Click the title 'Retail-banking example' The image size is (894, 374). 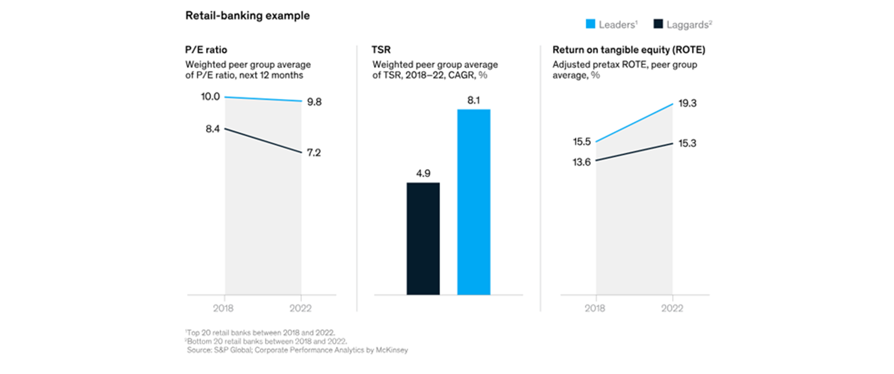click(247, 16)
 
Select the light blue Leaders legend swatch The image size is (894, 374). click(590, 24)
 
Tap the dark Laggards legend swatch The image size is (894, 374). click(658, 24)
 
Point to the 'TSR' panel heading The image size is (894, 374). click(381, 50)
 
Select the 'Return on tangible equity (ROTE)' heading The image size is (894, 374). click(628, 50)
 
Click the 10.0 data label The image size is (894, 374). click(210, 96)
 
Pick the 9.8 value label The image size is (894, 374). click(314, 102)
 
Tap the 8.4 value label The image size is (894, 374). click(212, 129)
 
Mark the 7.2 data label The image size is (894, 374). click(314, 153)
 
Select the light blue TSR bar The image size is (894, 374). click(474, 202)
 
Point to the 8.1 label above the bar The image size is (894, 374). click(473, 100)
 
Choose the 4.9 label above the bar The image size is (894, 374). click(423, 173)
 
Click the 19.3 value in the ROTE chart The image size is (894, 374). click(687, 103)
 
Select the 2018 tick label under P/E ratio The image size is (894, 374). click(223, 308)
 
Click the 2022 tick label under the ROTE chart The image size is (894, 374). click(672, 308)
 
